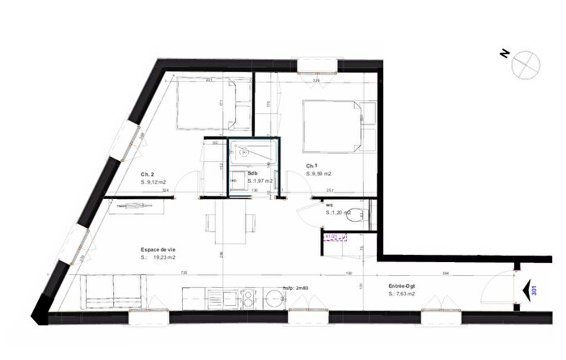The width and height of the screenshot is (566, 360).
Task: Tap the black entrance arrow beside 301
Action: coord(530,290)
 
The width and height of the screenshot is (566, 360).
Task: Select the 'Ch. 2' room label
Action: coord(146,175)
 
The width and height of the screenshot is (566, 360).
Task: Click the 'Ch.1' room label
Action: coord(310,165)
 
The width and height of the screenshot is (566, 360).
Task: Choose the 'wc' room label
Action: coord(330,205)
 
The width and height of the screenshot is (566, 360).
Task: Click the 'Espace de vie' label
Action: coord(158,250)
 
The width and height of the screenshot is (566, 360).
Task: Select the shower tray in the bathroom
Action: coord(255,154)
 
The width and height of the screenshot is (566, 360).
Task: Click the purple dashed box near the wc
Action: coord(335,237)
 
